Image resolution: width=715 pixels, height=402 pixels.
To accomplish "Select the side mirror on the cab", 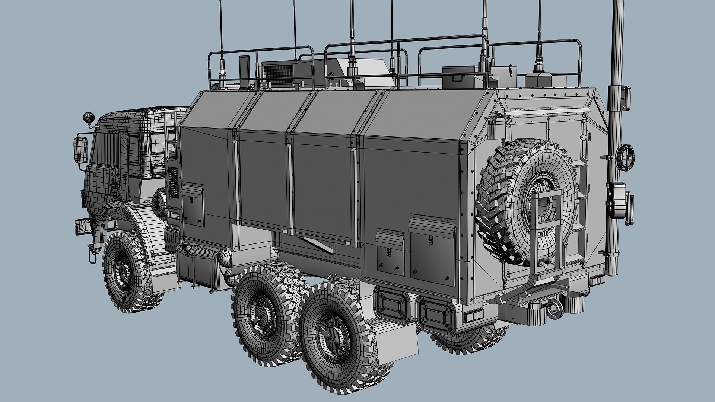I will tap(81, 150).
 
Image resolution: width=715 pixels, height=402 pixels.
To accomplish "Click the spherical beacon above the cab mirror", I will tap(88, 117).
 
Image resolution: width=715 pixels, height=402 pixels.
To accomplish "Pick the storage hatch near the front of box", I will tap(192, 205).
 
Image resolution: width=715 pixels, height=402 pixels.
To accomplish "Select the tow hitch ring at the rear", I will tap(554, 309).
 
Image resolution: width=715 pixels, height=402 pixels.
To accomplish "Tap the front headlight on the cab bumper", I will tap(81, 227).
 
